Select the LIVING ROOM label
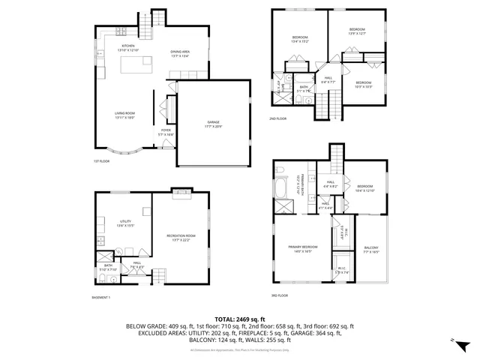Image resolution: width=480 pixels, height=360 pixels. coord(124,115)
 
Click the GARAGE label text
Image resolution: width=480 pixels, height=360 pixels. coord(214,124)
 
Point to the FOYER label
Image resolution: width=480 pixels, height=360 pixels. coord(166,132)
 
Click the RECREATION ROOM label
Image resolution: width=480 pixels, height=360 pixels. coord(180,237)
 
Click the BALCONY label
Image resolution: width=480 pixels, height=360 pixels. coord(371,250)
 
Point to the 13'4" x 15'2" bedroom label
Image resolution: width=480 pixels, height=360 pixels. coord(300,39)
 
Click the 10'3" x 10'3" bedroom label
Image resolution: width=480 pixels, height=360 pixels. coord(363,84)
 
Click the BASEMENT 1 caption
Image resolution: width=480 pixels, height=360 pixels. coord(100,298)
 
